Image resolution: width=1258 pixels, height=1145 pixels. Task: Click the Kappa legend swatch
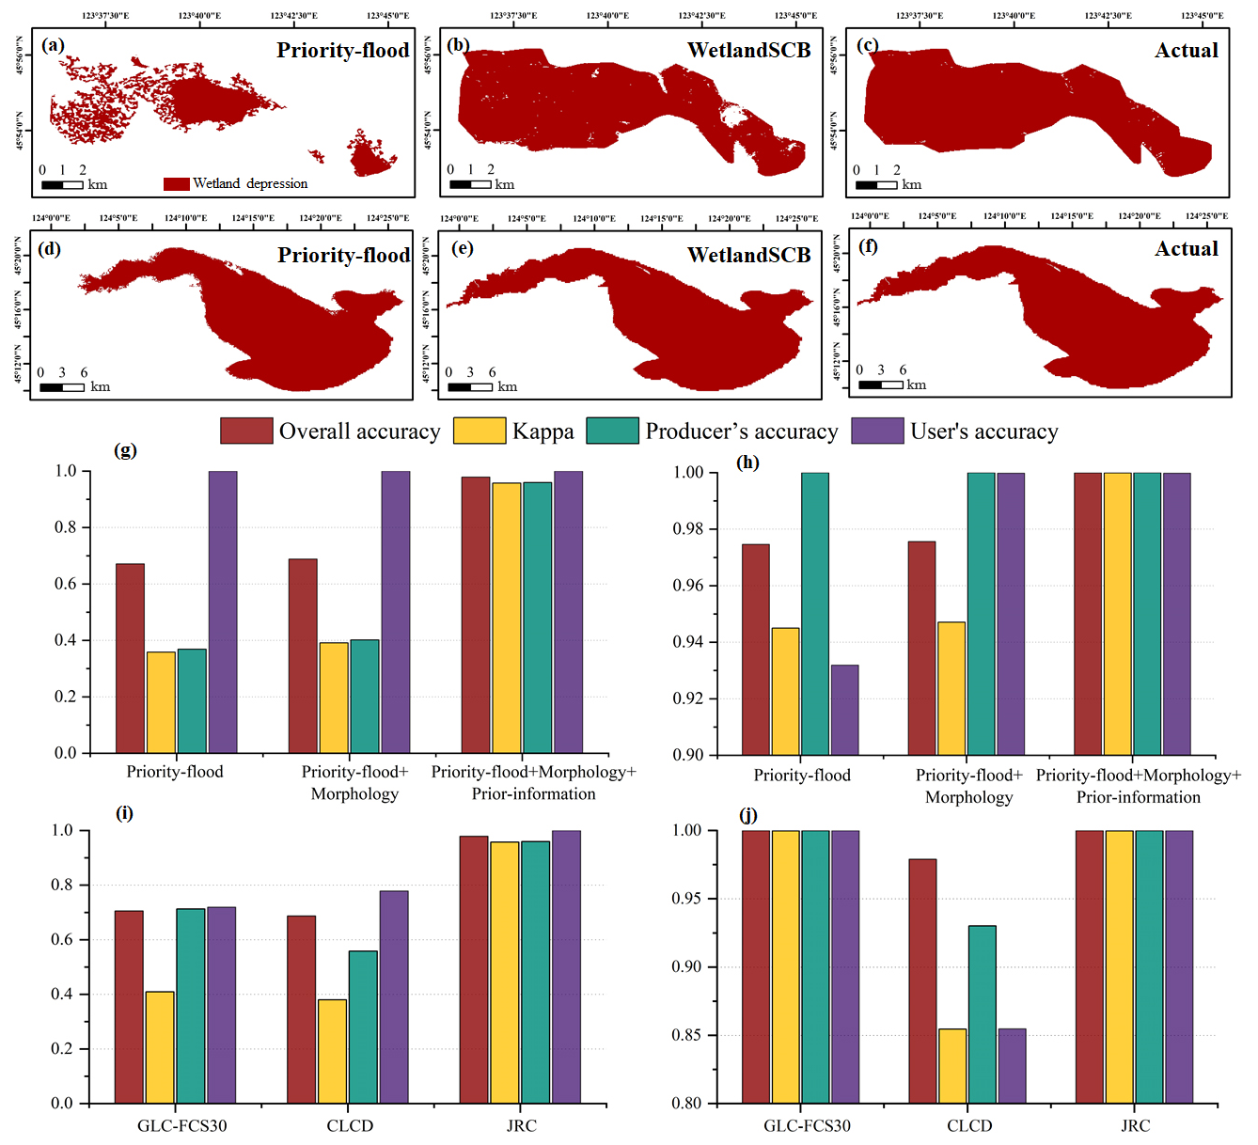tap(479, 431)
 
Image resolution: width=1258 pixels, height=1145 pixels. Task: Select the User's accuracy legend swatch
tap(876, 431)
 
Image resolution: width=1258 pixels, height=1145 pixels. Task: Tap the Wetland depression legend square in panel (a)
tap(176, 183)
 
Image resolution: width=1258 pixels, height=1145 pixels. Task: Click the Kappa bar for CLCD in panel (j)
tap(952, 1066)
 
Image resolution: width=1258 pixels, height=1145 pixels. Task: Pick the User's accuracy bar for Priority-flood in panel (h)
tap(844, 710)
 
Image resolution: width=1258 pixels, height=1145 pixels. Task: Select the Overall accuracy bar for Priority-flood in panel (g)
tap(130, 658)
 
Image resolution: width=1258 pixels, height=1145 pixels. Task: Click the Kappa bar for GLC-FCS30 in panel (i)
tap(160, 1047)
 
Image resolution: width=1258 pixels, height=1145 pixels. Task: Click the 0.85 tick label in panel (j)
tap(687, 1035)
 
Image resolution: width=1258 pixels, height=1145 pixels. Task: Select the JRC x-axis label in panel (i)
tap(521, 1125)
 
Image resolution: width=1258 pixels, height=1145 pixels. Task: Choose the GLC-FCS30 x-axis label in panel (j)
tap(807, 1125)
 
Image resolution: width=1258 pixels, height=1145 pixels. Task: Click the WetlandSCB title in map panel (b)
tap(748, 50)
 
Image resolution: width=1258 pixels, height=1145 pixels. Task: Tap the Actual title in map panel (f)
tap(1187, 248)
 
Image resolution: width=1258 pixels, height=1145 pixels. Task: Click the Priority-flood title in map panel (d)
tap(343, 255)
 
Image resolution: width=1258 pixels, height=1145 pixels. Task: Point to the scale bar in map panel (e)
tap(469, 386)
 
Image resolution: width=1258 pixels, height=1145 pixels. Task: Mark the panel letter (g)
tap(125, 449)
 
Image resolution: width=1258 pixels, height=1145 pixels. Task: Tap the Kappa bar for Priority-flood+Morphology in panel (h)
tap(951, 688)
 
